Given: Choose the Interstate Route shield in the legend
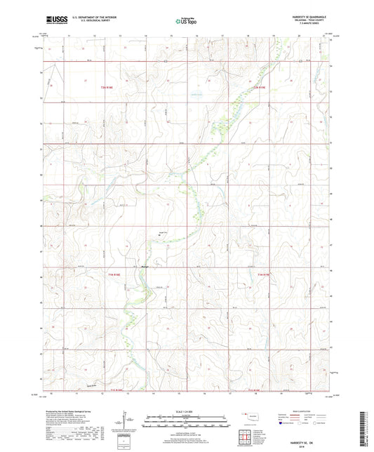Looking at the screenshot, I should [283, 424].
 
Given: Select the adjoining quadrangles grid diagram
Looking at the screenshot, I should [245, 437].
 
